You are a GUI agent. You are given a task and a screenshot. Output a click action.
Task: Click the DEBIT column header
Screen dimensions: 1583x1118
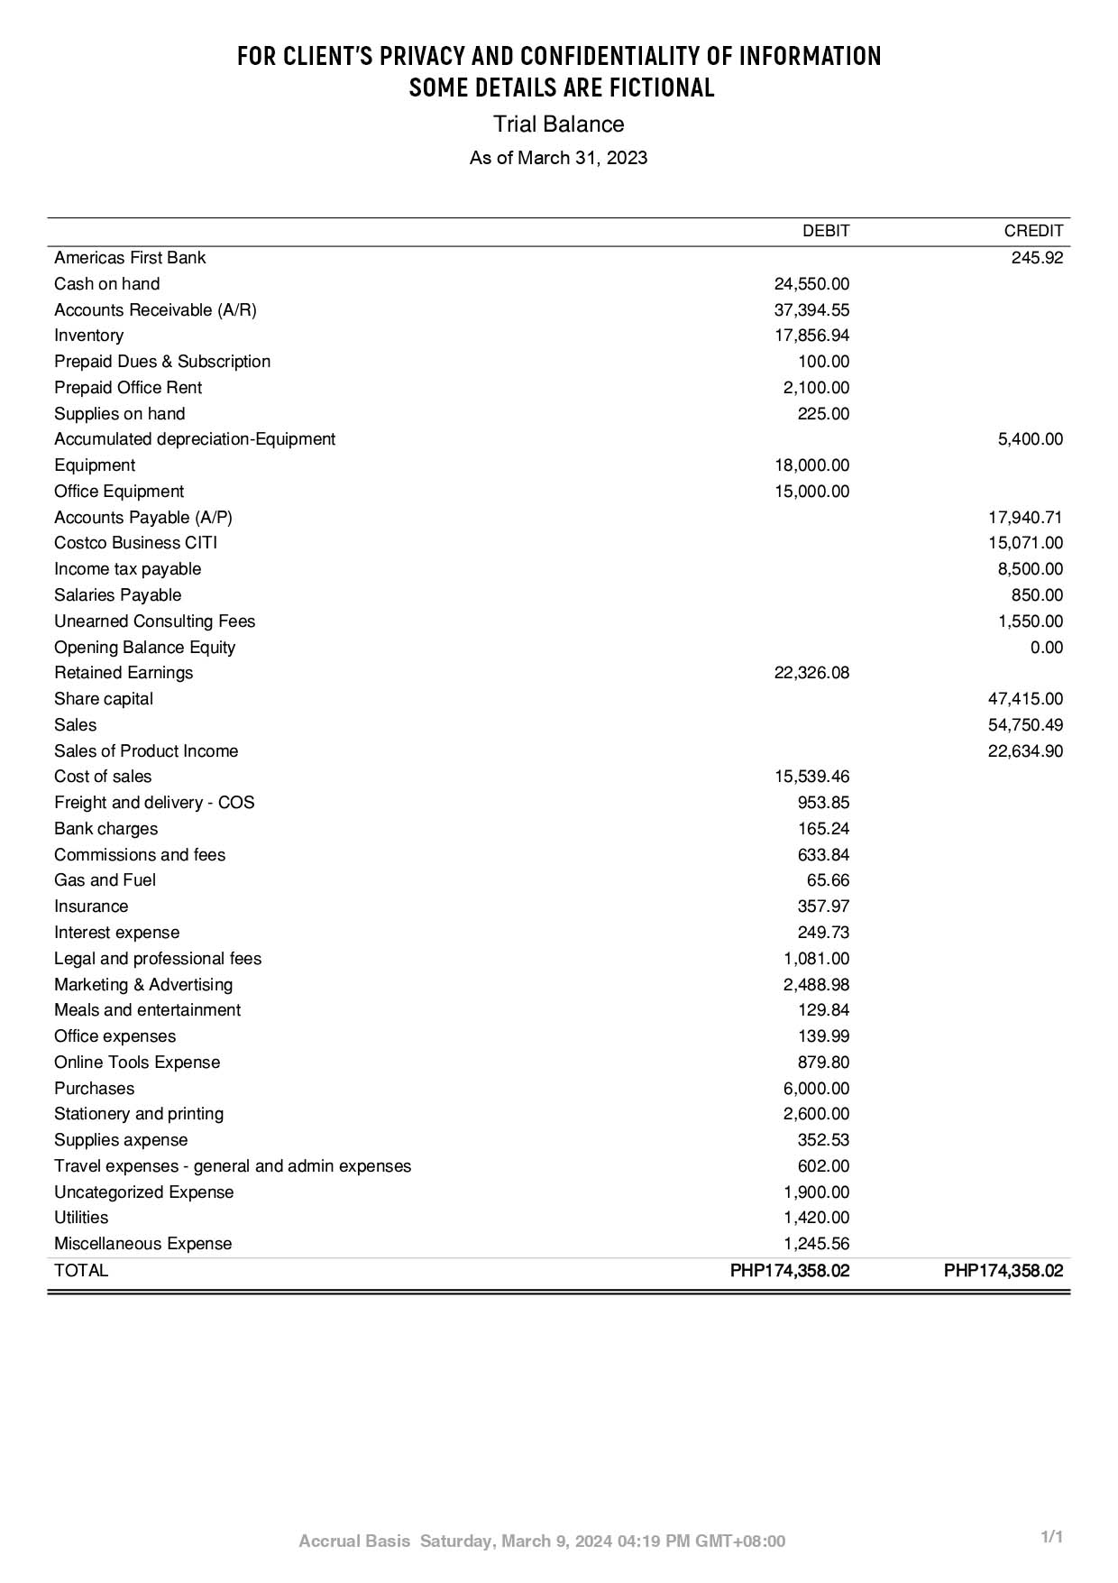point(825,231)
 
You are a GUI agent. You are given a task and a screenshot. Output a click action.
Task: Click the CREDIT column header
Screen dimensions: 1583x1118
point(1033,231)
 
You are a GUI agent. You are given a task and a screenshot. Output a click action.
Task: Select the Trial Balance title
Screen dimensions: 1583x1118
point(558,124)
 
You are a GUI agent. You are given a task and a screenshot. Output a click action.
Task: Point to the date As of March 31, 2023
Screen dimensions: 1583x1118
point(558,158)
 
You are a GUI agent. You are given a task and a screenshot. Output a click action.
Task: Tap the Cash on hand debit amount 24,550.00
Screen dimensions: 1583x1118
point(811,284)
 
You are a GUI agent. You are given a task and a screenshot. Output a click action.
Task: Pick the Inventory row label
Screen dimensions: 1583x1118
point(88,336)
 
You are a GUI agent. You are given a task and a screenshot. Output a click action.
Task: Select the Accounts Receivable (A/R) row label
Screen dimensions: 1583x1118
point(155,310)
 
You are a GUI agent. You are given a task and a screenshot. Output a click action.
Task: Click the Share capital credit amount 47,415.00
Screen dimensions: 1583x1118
point(1025,699)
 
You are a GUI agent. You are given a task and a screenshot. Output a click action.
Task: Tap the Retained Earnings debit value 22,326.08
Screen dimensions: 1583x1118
point(811,673)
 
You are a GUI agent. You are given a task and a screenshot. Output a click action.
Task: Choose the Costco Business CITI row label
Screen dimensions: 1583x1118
point(135,543)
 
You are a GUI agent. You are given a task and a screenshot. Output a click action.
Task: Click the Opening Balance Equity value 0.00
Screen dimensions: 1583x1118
point(1046,648)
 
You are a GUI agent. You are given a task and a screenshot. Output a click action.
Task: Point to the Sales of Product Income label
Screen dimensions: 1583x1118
point(146,751)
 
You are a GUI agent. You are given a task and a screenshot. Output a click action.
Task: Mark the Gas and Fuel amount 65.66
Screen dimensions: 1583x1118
point(828,880)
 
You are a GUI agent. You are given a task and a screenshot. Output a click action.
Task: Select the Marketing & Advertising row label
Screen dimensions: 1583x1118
point(143,985)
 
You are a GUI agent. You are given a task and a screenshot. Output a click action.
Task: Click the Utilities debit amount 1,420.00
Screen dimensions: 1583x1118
point(816,1218)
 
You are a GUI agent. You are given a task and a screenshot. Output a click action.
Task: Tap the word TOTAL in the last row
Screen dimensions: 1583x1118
point(81,1271)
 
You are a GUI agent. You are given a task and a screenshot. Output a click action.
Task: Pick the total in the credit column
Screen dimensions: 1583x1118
point(1003,1271)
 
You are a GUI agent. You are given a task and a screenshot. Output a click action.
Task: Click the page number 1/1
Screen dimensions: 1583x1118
point(1052,1537)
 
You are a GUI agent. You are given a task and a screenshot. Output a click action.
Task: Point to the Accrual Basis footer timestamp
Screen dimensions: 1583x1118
point(542,1542)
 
